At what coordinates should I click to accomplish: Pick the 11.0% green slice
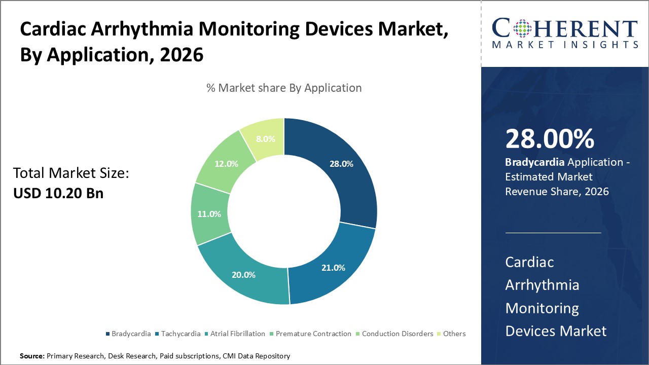(x=209, y=214)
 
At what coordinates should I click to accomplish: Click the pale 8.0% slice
(x=266, y=138)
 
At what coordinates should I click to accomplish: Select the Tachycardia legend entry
(x=181, y=334)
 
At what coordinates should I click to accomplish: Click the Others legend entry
(x=454, y=334)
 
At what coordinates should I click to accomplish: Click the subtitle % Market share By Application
(x=284, y=88)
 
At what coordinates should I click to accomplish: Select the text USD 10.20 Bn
(x=58, y=193)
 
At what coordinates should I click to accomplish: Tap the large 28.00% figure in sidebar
(x=550, y=139)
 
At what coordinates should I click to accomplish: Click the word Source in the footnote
(x=32, y=356)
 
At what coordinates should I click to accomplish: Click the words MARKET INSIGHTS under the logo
(x=564, y=45)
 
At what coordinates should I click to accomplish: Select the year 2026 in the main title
(x=182, y=55)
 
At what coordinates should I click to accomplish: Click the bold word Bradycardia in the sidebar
(x=535, y=163)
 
